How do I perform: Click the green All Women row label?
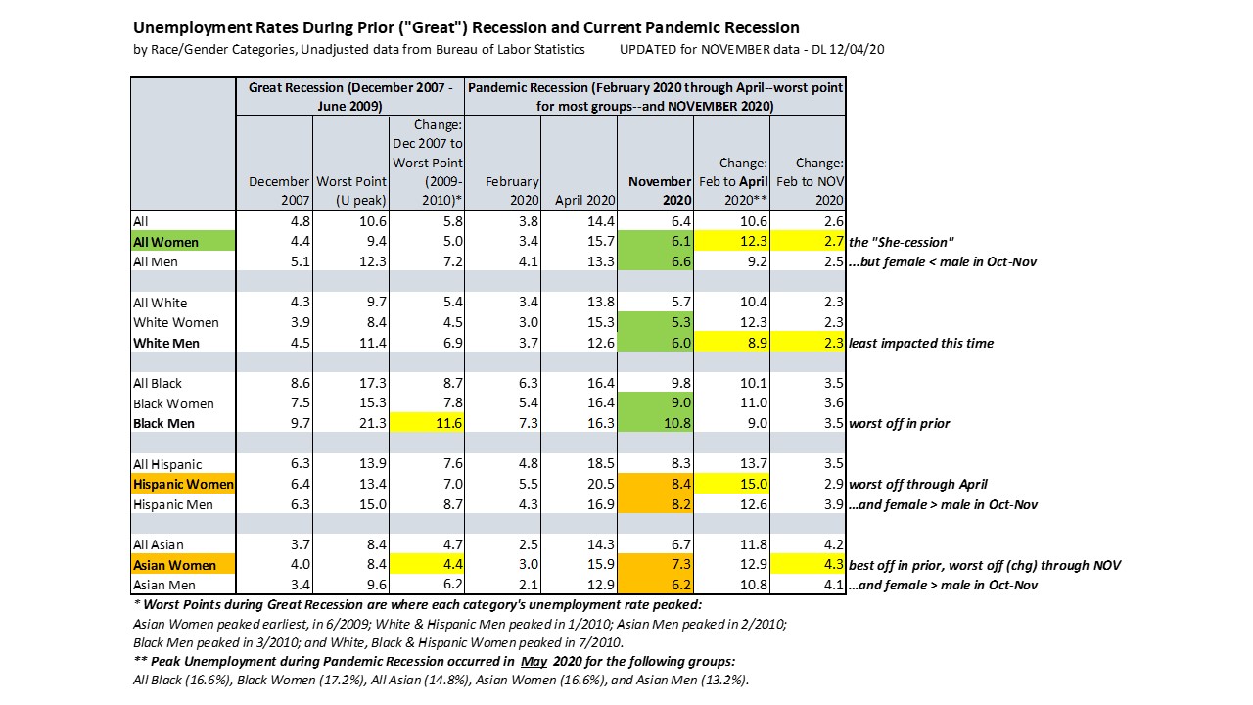click(x=183, y=242)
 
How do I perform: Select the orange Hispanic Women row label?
click(x=183, y=484)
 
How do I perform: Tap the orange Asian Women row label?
click(x=183, y=565)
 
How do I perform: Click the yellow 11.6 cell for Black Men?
click(x=427, y=423)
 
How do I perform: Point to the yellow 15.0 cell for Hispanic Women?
click(x=731, y=484)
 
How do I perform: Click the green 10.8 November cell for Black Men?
click(x=656, y=423)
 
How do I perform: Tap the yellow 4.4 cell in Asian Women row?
click(x=427, y=565)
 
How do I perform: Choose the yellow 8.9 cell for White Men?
click(x=731, y=343)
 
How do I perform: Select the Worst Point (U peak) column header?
click(x=351, y=190)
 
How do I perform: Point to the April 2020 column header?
click(x=584, y=200)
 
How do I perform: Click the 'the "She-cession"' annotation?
click(x=902, y=242)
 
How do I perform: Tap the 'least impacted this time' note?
click(x=921, y=343)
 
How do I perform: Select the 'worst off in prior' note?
click(x=899, y=423)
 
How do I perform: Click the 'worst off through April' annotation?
click(x=918, y=484)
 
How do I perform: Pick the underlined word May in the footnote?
click(x=534, y=661)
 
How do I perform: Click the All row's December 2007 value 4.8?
click(x=301, y=221)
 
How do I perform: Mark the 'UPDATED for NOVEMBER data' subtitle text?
click(x=710, y=49)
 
